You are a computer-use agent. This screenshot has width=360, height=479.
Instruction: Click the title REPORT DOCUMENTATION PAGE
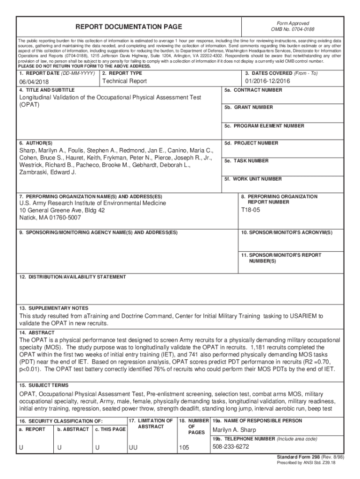(129, 27)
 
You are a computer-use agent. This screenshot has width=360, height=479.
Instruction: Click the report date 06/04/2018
(33, 82)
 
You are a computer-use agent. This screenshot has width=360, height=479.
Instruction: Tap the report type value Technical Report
(124, 81)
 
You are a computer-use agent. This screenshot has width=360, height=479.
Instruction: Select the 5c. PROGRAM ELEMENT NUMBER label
(264, 126)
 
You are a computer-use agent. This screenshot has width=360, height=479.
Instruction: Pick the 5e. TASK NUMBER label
(246, 161)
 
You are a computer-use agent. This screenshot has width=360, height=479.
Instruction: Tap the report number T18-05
(251, 210)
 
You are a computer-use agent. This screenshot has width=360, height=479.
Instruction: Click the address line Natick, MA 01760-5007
(50, 218)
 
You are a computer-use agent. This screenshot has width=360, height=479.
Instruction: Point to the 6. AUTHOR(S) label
(36, 143)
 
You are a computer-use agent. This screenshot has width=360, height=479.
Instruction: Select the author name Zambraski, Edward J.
(47, 172)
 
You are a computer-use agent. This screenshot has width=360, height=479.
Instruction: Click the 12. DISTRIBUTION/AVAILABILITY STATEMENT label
(72, 277)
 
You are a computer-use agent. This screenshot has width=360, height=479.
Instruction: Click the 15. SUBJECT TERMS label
(44, 385)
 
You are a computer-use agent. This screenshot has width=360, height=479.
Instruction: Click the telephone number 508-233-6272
(231, 446)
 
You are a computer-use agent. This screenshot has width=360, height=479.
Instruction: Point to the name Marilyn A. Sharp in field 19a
(235, 430)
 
